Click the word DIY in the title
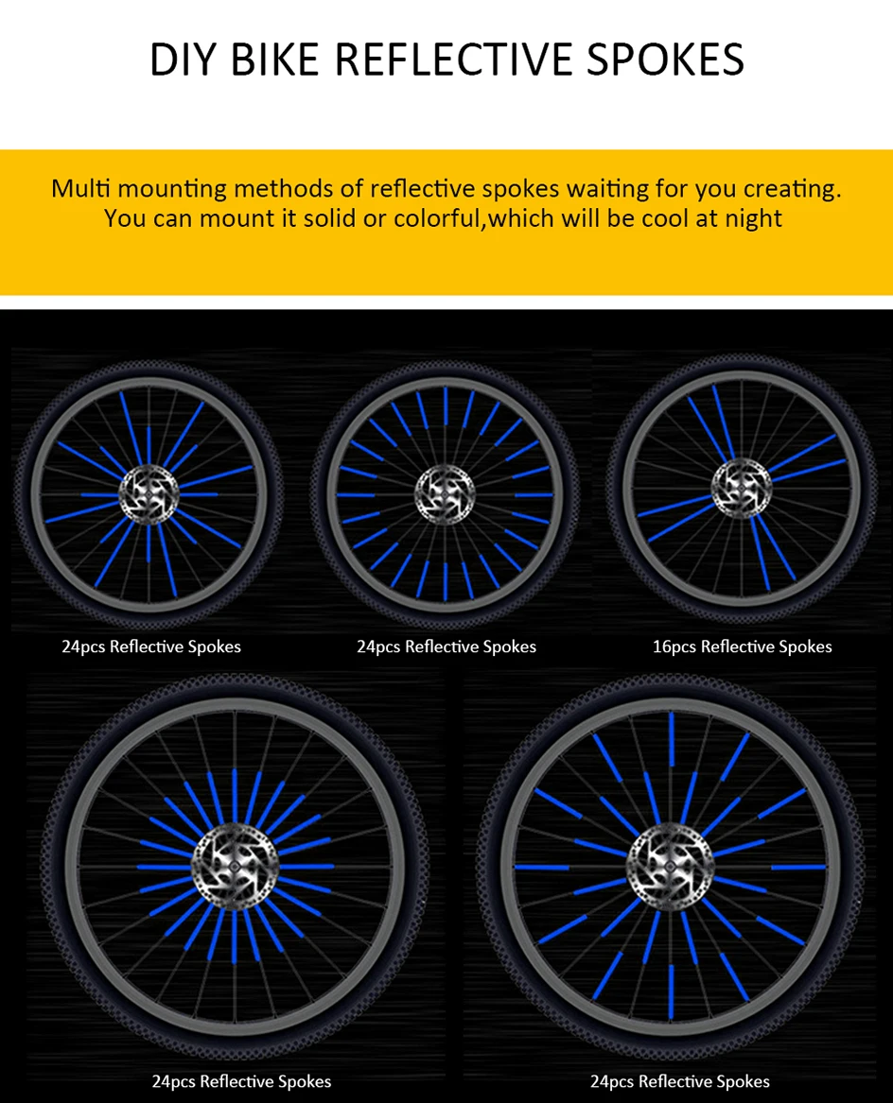tap(183, 59)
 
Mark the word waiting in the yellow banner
tap(604, 188)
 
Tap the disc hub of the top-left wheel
tap(149, 494)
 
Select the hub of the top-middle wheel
tap(444, 493)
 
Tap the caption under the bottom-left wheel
tap(241, 1081)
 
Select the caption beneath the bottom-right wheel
tap(679, 1081)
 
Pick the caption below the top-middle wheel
tap(446, 646)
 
